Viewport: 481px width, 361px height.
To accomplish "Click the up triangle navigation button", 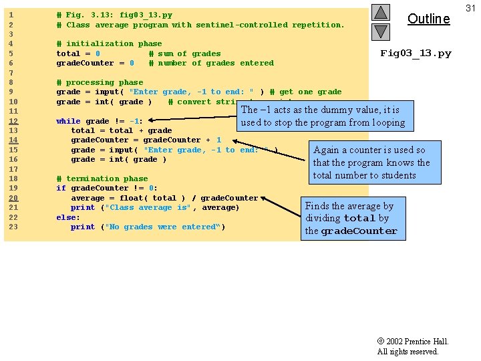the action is click(x=380, y=12).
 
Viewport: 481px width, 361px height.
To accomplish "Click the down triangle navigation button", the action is click(x=380, y=31).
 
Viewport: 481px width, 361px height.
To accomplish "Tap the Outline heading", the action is click(x=428, y=19).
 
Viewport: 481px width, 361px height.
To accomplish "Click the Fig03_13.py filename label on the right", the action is click(x=416, y=53).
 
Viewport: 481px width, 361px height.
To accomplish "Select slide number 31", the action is click(x=470, y=7).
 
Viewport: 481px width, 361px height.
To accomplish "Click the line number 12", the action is click(x=13, y=121).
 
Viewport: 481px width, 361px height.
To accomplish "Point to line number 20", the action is click(x=13, y=198).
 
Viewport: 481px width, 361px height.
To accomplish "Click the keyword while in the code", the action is click(x=68, y=121).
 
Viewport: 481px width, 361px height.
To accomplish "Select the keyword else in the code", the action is click(x=68, y=217).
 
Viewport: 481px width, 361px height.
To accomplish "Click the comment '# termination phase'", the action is click(x=102, y=178).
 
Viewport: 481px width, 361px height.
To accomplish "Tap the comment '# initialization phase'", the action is click(x=109, y=43).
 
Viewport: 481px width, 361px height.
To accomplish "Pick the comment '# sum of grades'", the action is click(x=184, y=53).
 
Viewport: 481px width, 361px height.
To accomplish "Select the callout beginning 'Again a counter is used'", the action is click(x=371, y=162).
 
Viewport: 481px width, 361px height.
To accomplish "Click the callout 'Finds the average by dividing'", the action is click(x=351, y=219).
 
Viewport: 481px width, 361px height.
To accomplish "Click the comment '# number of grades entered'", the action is click(x=211, y=63).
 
